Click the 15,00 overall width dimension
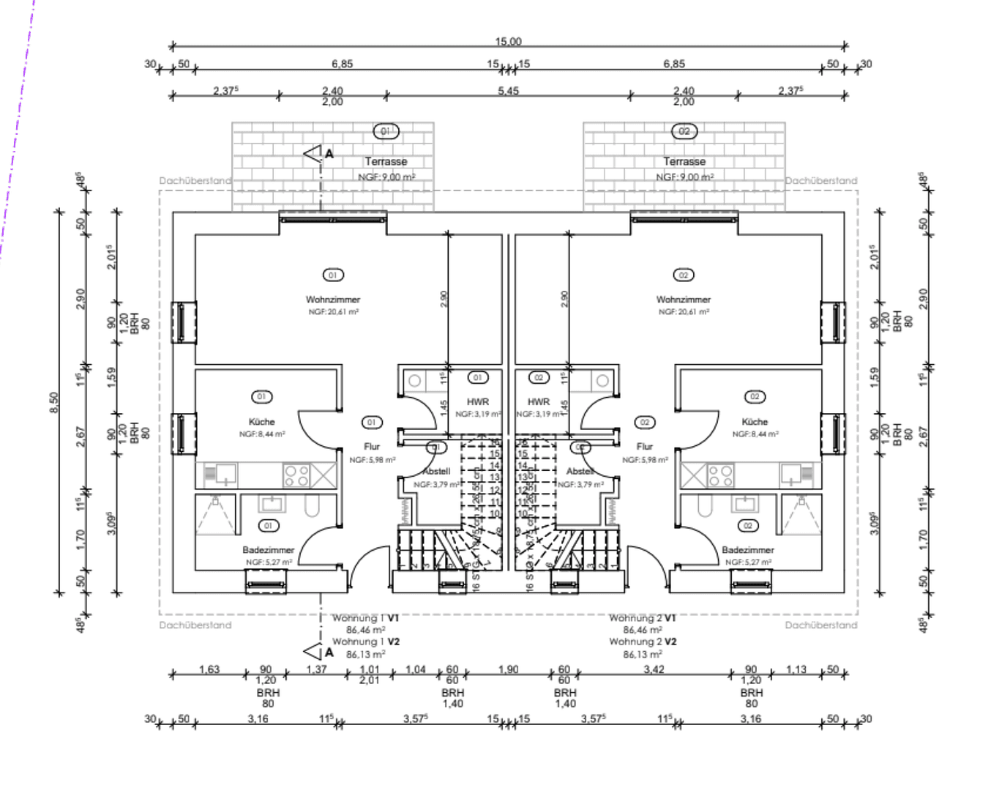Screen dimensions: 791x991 508,42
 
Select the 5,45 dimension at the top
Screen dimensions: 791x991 508,91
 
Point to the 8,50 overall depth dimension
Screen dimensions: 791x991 54,402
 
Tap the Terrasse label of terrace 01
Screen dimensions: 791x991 386,161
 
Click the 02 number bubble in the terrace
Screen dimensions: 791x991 684,131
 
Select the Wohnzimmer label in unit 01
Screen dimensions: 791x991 333,300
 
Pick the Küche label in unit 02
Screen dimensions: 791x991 755,422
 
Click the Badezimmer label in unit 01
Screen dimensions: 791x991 268,550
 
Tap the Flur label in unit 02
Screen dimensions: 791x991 644,446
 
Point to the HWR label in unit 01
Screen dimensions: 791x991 478,402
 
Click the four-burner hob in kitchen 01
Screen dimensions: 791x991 296,475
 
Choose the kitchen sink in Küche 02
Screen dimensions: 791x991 791,474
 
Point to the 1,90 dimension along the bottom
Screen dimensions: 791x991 508,669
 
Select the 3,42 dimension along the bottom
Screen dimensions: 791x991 654,669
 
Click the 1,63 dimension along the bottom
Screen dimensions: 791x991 209,669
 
